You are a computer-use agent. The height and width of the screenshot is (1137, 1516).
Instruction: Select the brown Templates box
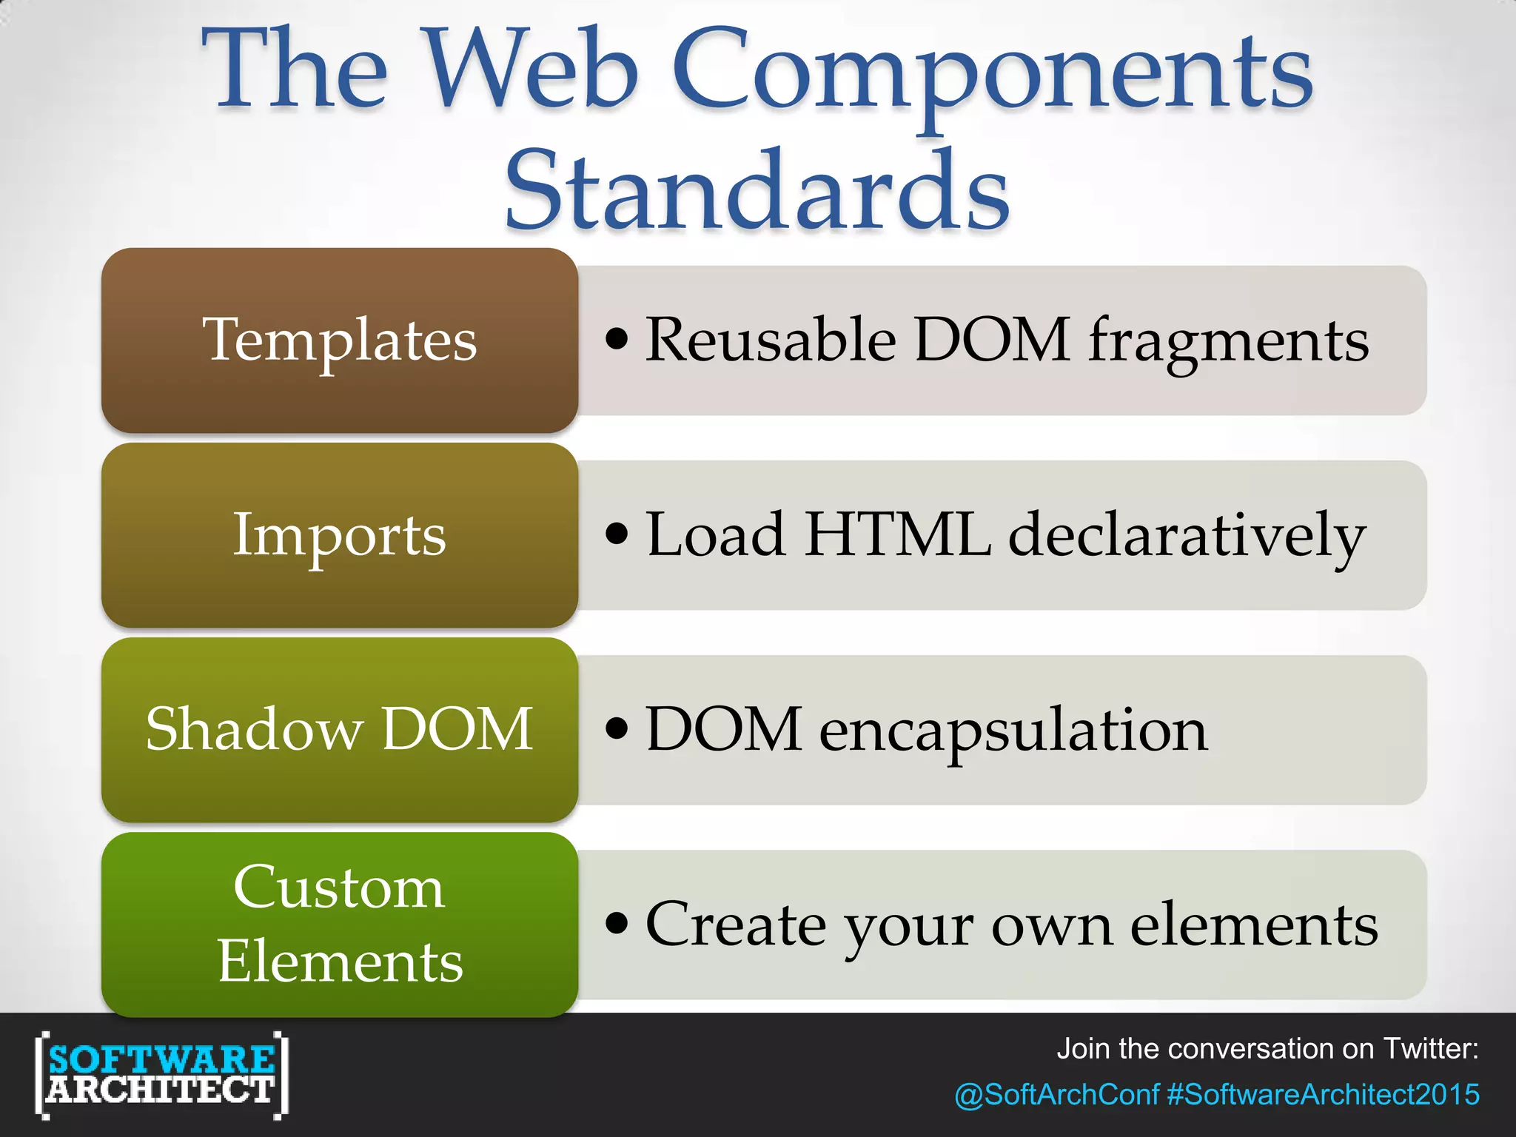339,341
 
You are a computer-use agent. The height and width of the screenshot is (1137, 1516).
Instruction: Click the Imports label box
339,535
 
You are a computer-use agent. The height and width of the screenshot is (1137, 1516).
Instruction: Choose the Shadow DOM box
339,730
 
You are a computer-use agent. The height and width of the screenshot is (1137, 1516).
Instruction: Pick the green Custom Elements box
339,924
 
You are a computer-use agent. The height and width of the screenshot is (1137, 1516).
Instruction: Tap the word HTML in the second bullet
897,534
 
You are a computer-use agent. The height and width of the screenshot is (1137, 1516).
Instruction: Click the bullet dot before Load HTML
616,533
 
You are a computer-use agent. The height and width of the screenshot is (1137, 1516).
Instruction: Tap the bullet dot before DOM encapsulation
616,728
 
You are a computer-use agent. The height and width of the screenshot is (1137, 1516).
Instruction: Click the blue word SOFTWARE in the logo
161,1059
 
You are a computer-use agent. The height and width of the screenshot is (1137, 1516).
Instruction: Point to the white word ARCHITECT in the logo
161,1090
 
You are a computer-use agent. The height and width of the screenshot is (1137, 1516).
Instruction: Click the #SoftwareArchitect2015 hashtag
1323,1094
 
